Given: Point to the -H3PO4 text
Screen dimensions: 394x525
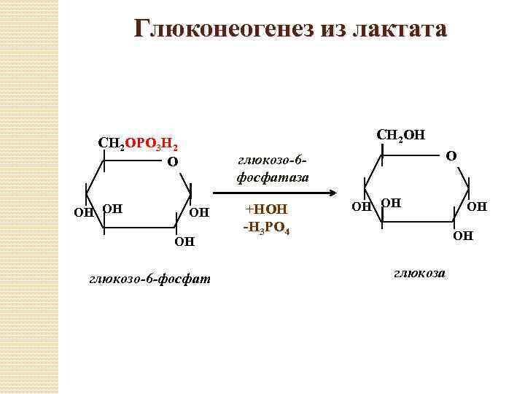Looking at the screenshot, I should pos(267,229).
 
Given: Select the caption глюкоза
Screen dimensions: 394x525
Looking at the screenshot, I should pos(421,274).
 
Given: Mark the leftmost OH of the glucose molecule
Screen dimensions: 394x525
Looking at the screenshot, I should pos(361,207).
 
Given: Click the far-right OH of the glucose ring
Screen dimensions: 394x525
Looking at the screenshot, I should pos(477,207).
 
